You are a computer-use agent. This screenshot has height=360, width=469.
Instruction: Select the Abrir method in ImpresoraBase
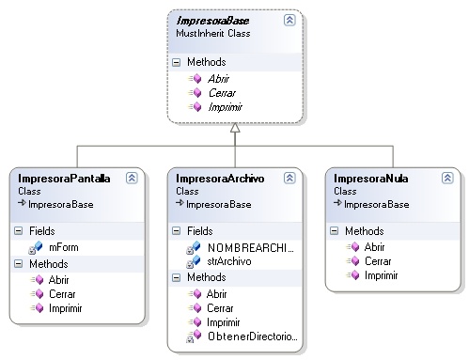[x=218, y=79]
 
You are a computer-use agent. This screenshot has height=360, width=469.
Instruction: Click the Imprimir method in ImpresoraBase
[x=224, y=107]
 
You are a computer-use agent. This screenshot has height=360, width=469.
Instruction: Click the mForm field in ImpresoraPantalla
[x=63, y=246]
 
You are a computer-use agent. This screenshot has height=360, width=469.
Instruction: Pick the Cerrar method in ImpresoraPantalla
[x=61, y=292]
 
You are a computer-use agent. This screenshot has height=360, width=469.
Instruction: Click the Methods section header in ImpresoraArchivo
[x=207, y=277]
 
